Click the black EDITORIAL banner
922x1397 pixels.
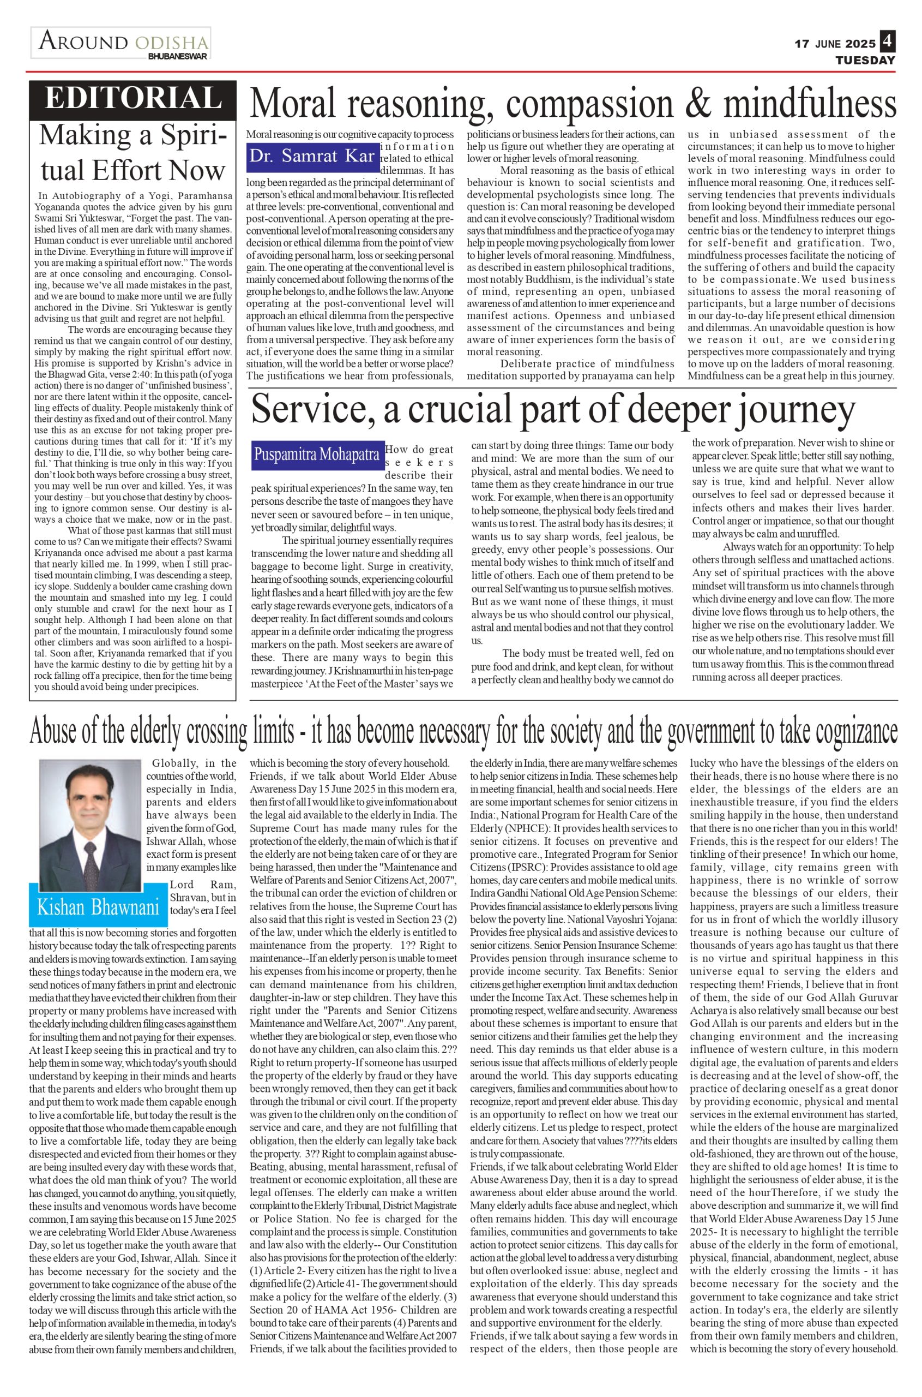(133, 98)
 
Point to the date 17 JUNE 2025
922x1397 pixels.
(835, 44)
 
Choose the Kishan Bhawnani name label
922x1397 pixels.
(98, 907)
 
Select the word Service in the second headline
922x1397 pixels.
(310, 411)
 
